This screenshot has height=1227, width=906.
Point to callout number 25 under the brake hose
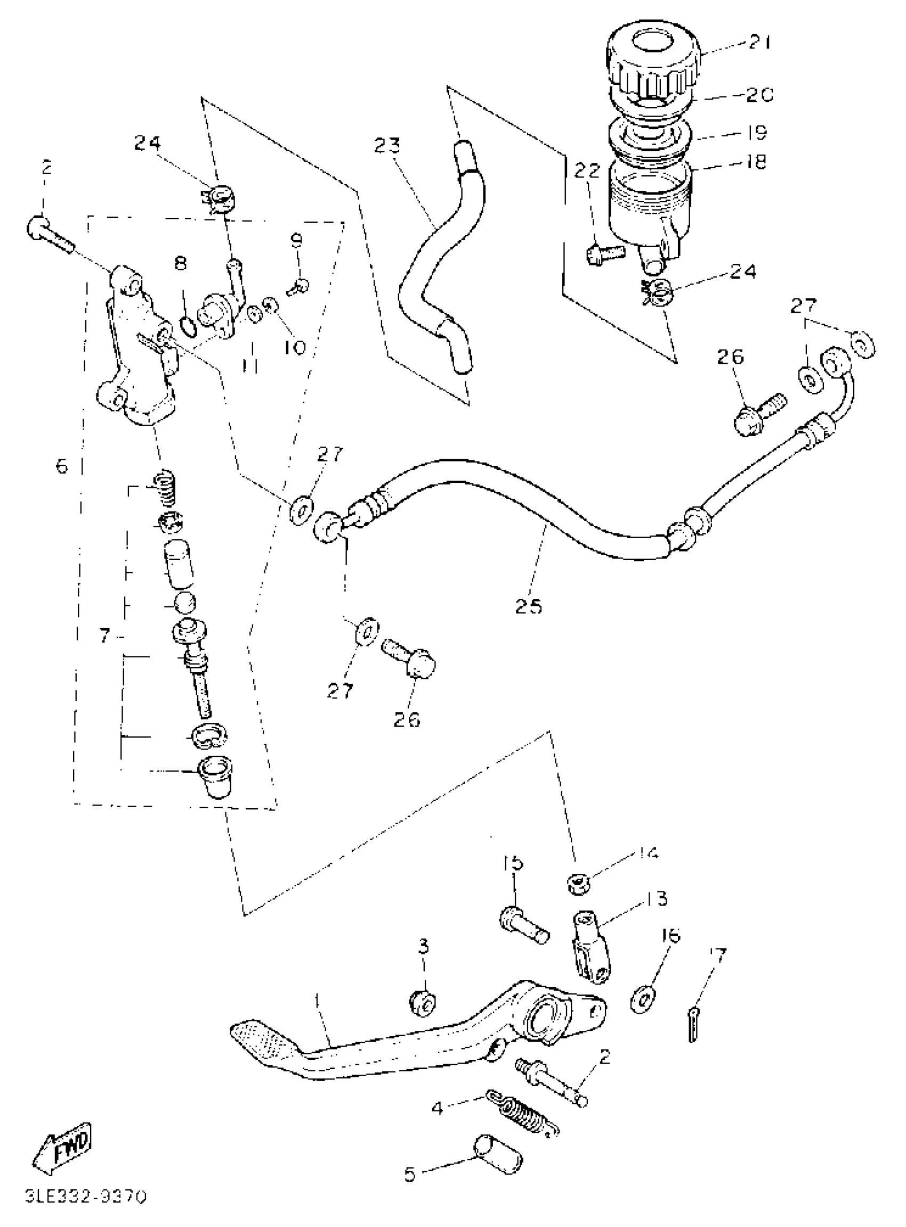coord(528,606)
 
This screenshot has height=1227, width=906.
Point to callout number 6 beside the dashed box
coord(62,467)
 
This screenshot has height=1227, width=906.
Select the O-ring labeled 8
coord(187,327)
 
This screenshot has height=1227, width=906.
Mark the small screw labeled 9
coord(299,285)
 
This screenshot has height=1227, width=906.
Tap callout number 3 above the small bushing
coord(423,947)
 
